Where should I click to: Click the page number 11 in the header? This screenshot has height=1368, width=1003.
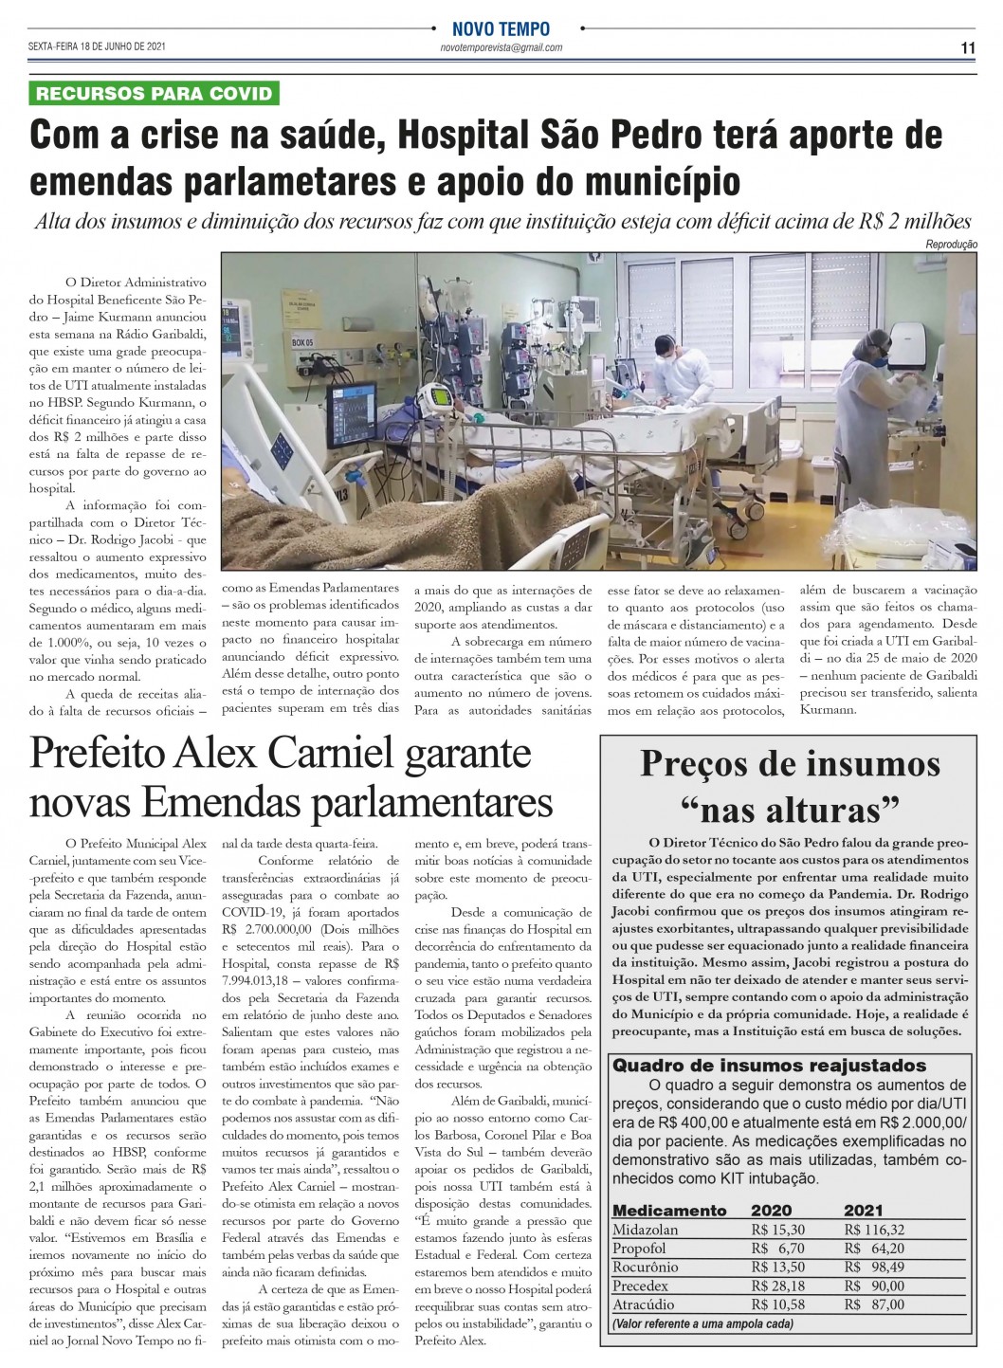pyautogui.click(x=968, y=48)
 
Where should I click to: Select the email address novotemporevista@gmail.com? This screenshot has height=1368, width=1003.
pyautogui.click(x=501, y=47)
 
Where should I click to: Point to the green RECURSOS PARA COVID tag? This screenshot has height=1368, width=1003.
pyautogui.click(x=155, y=93)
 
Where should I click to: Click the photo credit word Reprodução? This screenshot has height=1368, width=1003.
pyautogui.click(x=951, y=244)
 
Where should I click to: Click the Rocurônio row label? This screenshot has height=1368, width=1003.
pyautogui.click(x=646, y=1267)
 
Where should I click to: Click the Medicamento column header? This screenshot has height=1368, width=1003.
pyautogui.click(x=669, y=1210)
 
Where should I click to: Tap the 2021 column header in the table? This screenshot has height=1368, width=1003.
pyautogui.click(x=863, y=1210)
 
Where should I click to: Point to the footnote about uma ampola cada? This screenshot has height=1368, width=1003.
pyautogui.click(x=702, y=1323)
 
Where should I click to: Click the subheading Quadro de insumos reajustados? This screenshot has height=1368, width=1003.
pyautogui.click(x=769, y=1065)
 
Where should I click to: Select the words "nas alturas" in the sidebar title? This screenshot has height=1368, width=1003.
pyautogui.click(x=790, y=811)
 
